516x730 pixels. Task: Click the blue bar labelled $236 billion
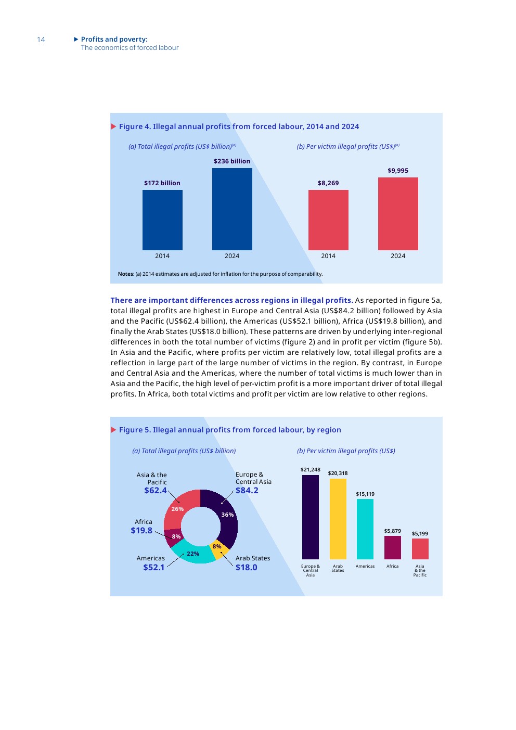[232, 209]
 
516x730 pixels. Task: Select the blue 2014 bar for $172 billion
[162, 220]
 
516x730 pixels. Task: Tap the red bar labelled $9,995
[398, 214]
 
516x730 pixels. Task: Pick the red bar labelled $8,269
[328, 220]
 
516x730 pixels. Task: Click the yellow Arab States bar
[338, 519]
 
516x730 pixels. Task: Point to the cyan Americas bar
[365, 529]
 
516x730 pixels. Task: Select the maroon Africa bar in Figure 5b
[393, 547]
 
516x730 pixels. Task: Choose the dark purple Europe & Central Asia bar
[311, 517]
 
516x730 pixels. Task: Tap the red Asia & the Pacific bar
[420, 549]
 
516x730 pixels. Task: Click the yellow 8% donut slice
[218, 548]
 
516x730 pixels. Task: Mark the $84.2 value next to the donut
[247, 491]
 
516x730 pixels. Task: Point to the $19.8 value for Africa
[141, 531]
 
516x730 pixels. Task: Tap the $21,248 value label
[311, 470]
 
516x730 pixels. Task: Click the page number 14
[41, 40]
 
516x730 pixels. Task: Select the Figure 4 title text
[239, 126]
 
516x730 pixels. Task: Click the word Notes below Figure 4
[125, 274]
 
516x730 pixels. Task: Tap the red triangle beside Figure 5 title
[113, 430]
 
